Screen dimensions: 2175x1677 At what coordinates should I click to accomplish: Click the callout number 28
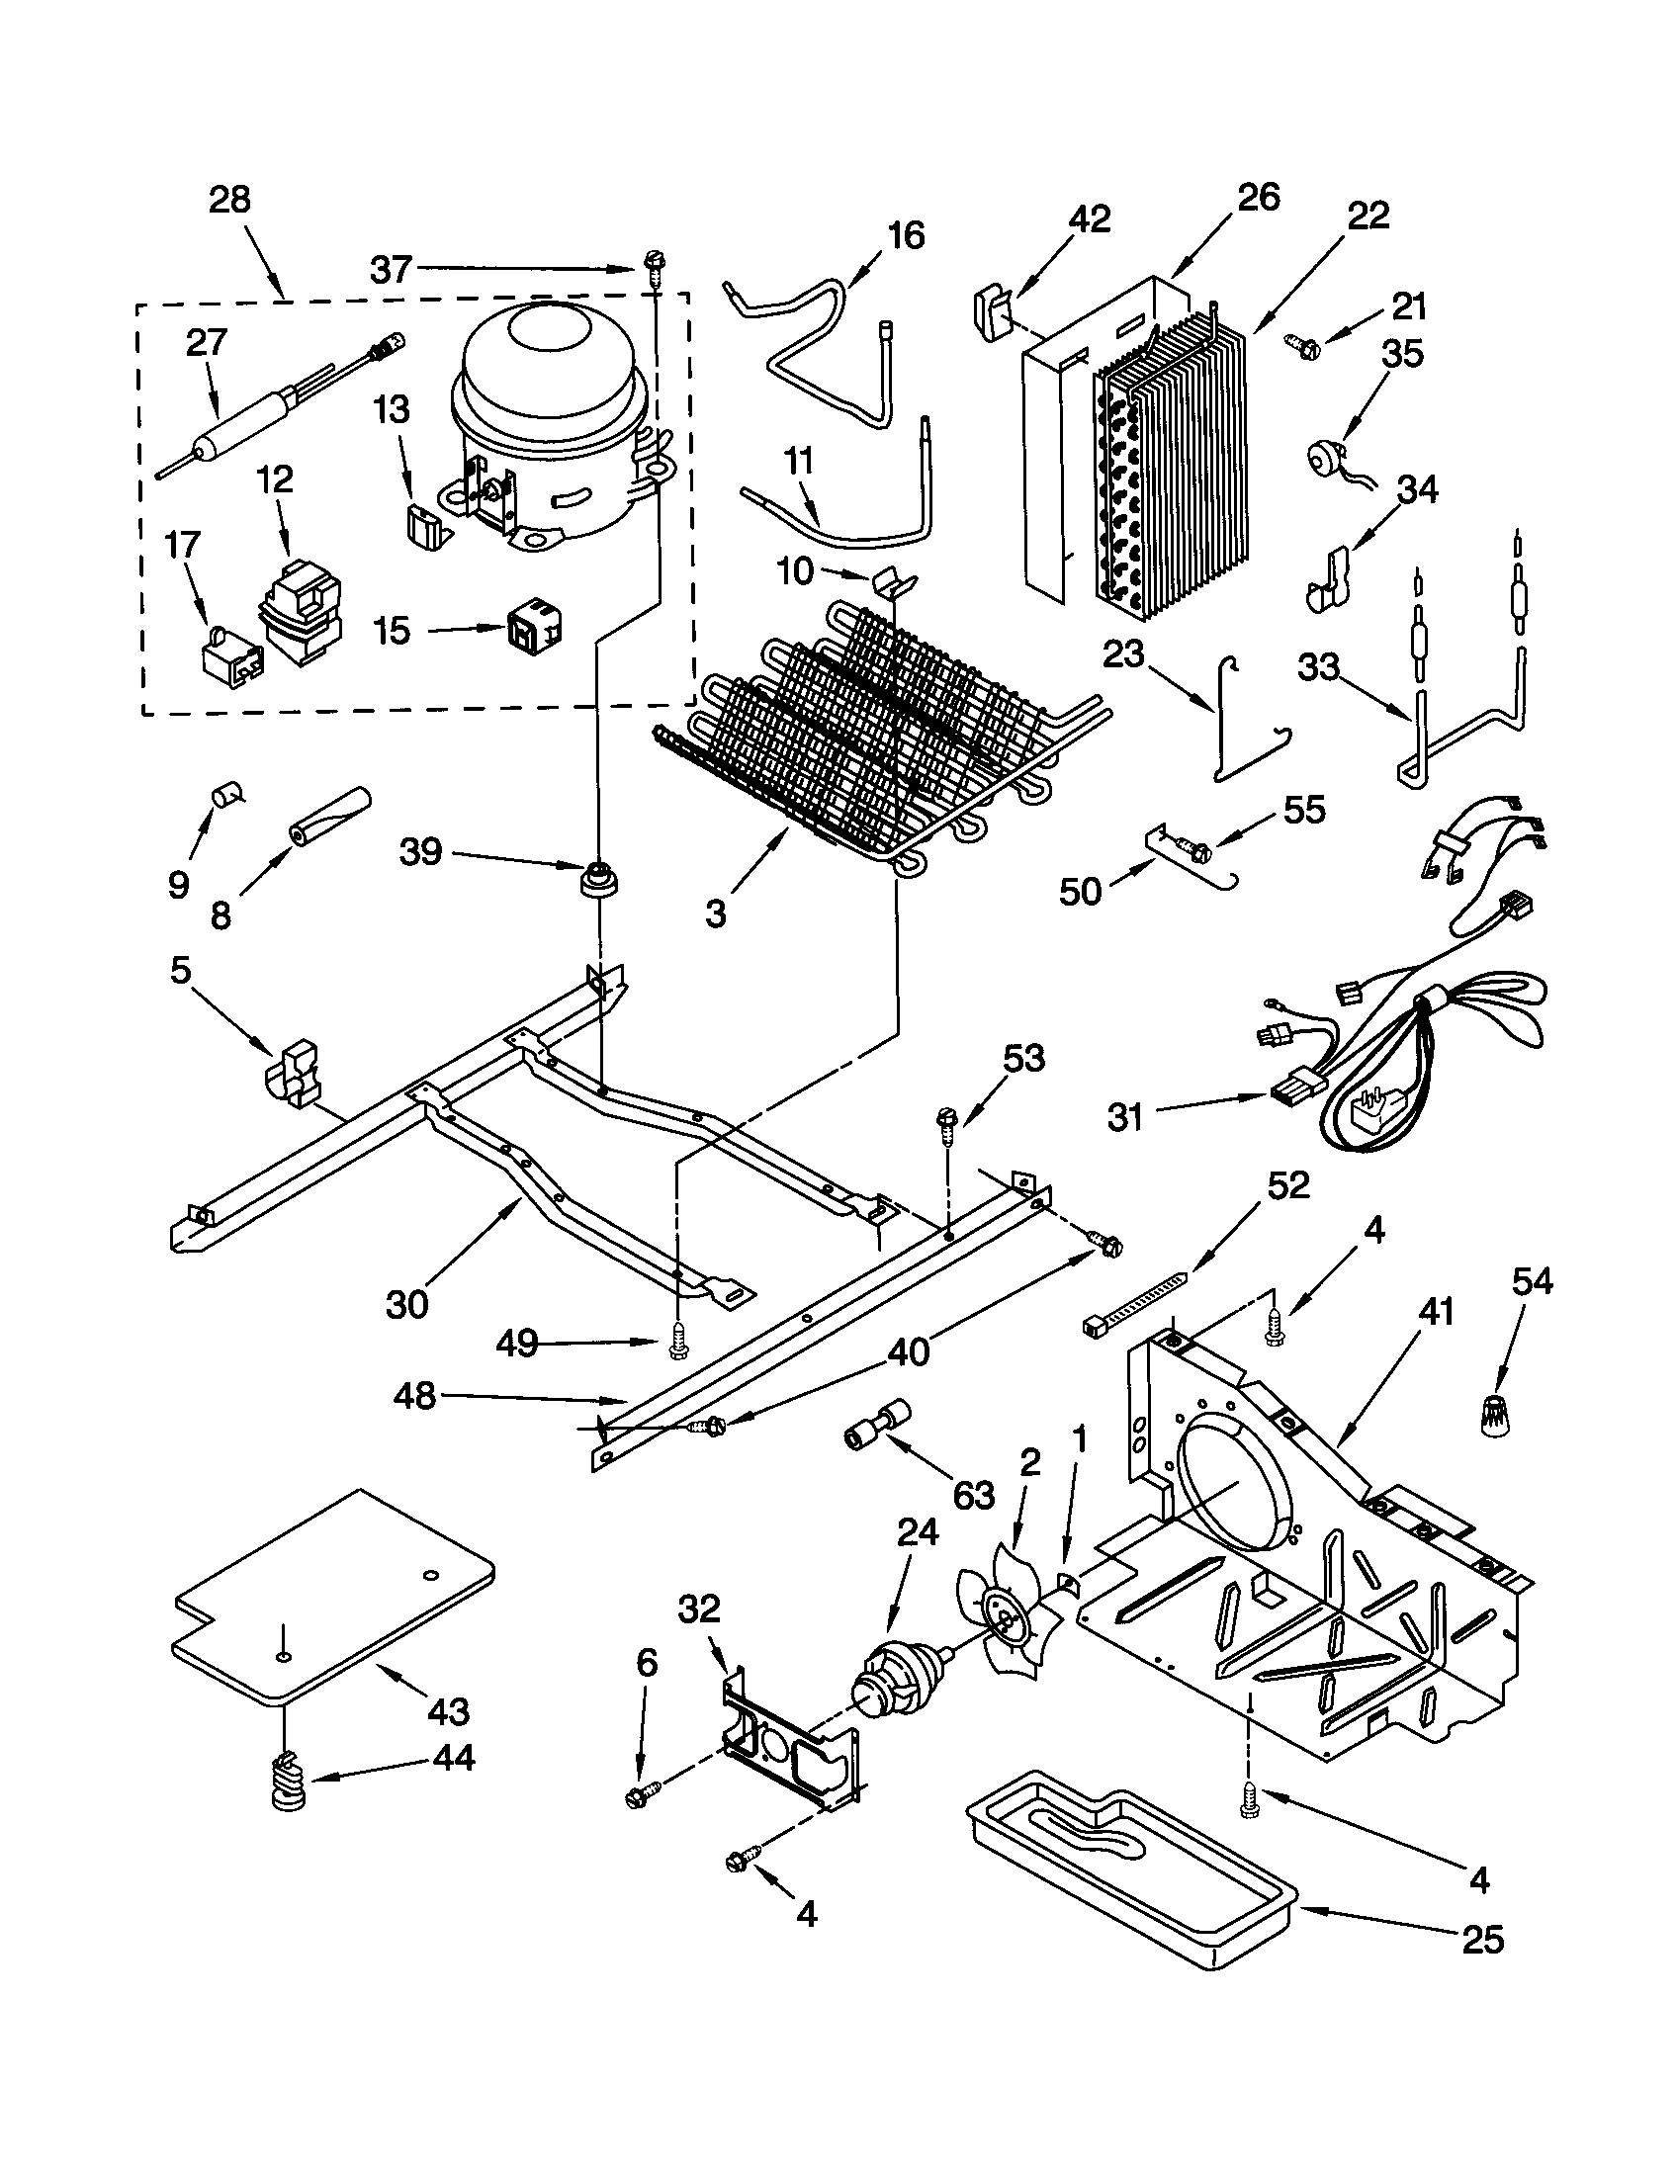click(x=229, y=200)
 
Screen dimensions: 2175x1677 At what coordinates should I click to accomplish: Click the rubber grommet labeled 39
click(x=598, y=879)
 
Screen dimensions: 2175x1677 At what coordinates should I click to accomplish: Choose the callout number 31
click(x=1124, y=1117)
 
